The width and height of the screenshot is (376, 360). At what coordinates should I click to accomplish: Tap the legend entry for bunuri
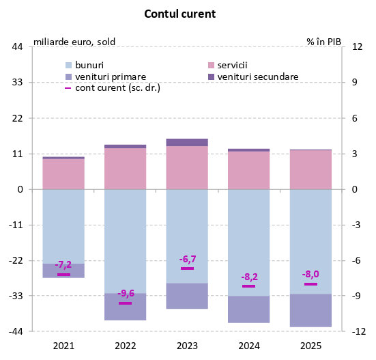tap(89, 64)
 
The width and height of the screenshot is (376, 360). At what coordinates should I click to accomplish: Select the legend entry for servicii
tap(232, 64)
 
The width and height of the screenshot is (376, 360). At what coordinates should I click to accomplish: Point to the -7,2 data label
tap(63, 264)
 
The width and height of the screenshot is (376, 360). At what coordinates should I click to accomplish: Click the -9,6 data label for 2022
tap(126, 293)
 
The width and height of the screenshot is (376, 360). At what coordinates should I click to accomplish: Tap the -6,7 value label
tap(188, 259)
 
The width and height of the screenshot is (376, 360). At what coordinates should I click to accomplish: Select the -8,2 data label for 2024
tap(249, 277)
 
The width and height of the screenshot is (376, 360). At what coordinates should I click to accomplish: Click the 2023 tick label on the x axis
tap(187, 346)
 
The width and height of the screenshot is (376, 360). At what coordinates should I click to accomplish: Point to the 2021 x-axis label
tap(63, 346)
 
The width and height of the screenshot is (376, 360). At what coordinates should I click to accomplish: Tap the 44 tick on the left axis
tap(18, 47)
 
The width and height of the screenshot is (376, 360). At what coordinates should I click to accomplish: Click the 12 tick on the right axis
tap(356, 47)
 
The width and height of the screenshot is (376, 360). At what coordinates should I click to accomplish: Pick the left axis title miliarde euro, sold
tap(74, 41)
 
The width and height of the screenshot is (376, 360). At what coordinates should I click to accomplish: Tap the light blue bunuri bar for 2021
tap(63, 226)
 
